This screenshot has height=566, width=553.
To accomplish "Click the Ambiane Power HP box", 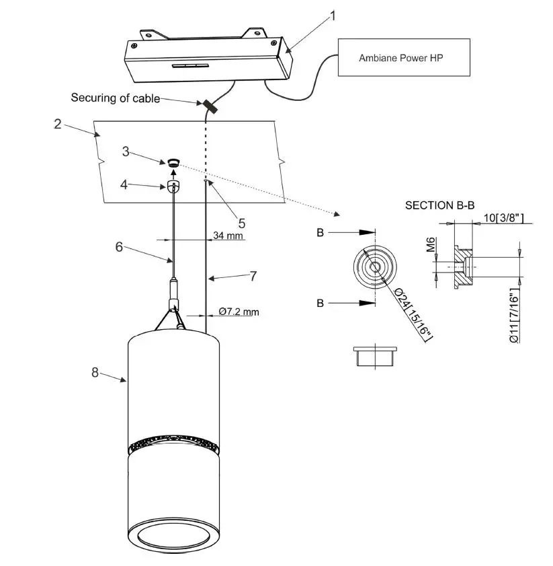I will point(402,58).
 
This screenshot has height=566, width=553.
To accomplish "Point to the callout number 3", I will point(126,151).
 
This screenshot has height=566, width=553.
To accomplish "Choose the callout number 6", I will point(119,247).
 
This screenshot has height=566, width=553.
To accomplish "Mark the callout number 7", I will point(253,276).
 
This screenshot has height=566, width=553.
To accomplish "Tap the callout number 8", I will point(95,372).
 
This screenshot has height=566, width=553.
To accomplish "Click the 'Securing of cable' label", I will point(116,98).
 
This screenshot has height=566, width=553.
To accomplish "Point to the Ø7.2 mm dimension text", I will point(239,312).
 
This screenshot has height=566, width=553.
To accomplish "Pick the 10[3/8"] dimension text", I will point(503,218).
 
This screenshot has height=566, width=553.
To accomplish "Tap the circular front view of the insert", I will point(374,267).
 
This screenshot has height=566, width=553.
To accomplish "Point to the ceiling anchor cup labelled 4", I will point(174,186).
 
